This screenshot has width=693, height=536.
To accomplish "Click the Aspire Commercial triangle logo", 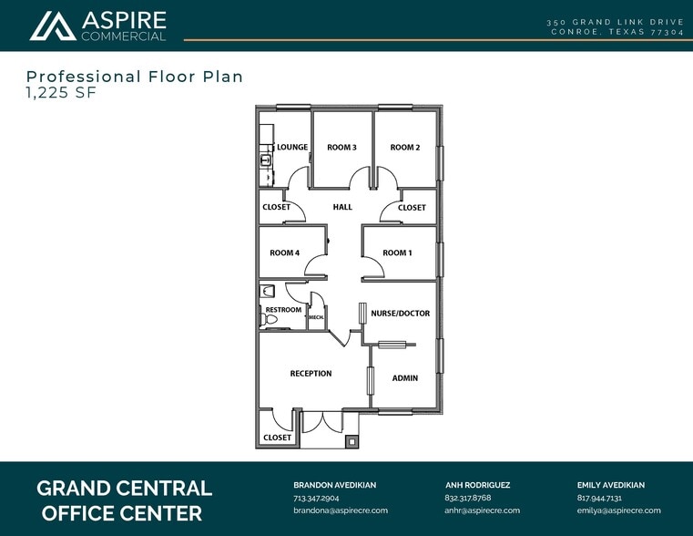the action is (53, 26).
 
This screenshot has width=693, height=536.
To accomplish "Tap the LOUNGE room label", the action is (292, 147).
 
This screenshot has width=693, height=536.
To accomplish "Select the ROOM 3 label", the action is (341, 148).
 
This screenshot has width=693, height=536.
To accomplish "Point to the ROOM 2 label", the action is (405, 148).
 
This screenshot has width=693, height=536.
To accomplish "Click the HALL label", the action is (342, 207).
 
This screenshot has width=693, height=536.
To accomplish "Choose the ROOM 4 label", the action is (285, 253).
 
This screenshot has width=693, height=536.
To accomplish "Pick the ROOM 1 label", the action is (397, 253).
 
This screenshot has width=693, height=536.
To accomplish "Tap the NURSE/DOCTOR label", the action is (401, 314).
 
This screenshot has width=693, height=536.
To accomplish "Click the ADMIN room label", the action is (405, 378).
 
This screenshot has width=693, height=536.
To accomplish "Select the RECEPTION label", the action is (311, 374).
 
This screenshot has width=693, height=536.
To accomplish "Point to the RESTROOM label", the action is (283, 310).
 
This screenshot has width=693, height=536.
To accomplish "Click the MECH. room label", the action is (316, 317).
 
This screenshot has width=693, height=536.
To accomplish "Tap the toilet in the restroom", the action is (269, 320).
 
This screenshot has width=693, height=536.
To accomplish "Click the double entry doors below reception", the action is (323, 422).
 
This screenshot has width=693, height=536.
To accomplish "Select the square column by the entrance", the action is (352, 441).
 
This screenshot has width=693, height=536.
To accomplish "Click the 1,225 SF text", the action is (61, 93).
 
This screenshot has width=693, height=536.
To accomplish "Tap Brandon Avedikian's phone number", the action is (316, 498).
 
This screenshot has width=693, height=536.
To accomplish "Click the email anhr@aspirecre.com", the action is (482, 510).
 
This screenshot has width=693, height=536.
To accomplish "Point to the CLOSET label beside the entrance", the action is (277, 438).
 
